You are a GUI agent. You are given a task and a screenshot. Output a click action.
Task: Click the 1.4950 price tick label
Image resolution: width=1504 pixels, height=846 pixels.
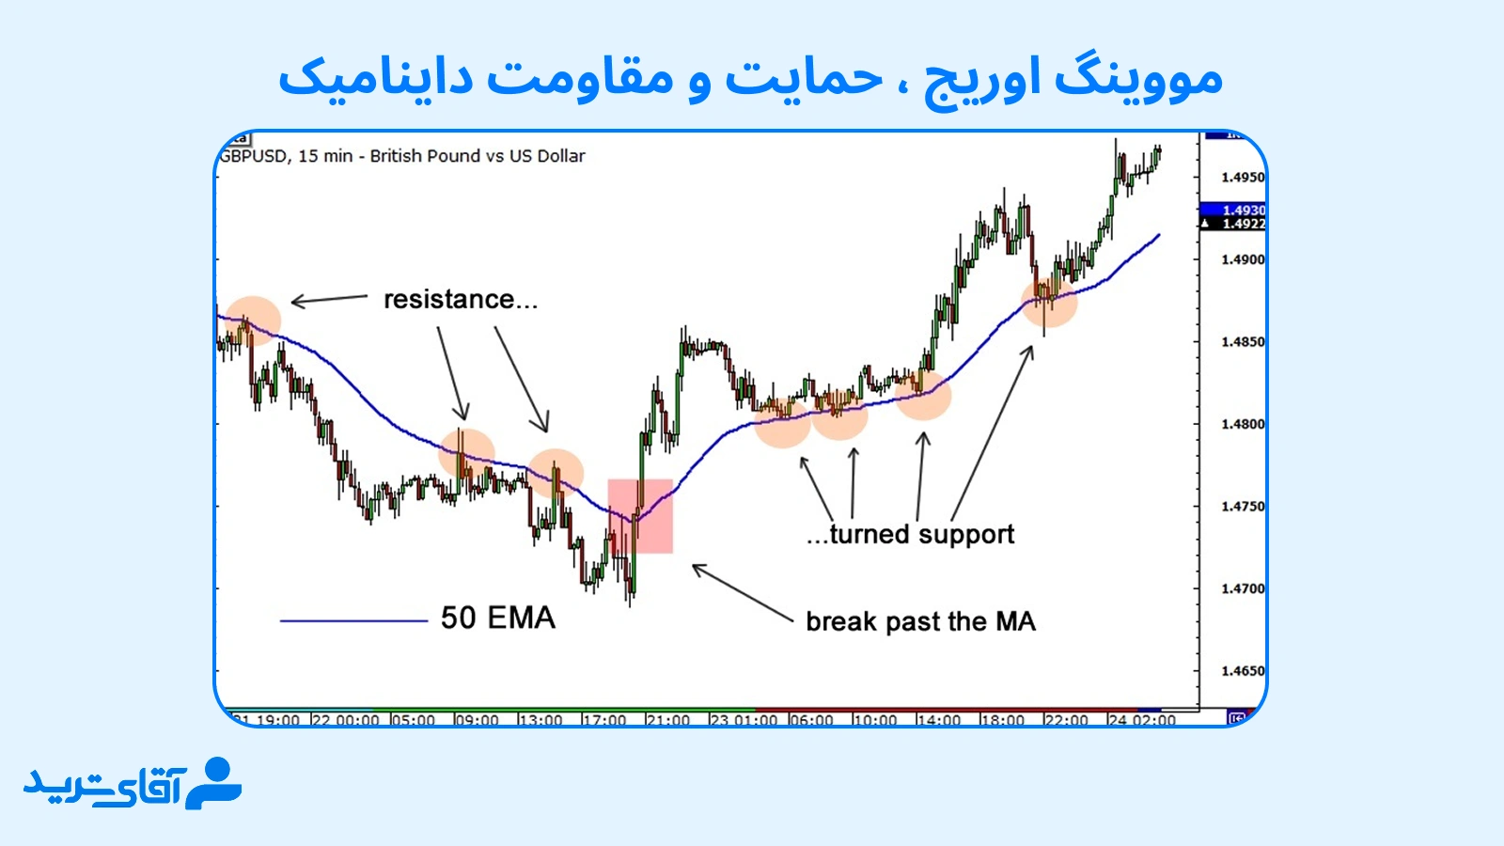(x=1243, y=178)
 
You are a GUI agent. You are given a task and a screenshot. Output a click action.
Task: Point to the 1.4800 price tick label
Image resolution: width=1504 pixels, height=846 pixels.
(x=1243, y=424)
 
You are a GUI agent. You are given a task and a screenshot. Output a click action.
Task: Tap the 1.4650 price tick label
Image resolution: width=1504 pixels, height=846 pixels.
(x=1243, y=671)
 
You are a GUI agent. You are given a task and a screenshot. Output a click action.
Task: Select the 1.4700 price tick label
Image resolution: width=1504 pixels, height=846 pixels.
(x=1243, y=588)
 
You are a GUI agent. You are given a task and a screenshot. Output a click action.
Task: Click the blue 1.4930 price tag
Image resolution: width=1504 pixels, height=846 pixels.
(x=1243, y=210)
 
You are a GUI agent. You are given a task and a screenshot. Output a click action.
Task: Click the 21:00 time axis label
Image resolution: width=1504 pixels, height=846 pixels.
(x=668, y=720)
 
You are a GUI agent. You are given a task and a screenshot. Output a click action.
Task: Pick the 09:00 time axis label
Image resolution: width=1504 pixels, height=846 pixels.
(x=477, y=720)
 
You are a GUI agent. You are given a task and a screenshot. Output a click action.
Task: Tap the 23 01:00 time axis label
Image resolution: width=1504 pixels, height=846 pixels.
(x=744, y=720)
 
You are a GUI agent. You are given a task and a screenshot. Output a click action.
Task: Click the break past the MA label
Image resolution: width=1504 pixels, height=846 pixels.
(x=920, y=621)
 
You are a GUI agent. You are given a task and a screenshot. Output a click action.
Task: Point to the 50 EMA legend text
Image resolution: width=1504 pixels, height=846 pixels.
(x=498, y=618)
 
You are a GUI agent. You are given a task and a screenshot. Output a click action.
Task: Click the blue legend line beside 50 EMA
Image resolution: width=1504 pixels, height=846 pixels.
(x=353, y=620)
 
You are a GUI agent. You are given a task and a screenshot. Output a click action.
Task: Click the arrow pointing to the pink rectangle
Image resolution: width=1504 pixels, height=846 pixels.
(x=743, y=592)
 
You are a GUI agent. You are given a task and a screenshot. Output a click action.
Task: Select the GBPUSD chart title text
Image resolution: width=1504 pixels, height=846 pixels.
(x=402, y=156)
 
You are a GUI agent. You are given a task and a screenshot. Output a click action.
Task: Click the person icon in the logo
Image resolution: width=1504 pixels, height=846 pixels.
(x=214, y=782)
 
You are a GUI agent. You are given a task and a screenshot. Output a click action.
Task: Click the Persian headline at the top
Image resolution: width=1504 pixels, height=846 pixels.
(x=750, y=78)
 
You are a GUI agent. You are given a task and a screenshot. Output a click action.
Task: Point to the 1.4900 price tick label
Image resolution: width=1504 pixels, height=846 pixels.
(x=1243, y=259)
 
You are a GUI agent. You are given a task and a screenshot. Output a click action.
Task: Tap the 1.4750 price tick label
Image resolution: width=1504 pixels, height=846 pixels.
(x=1243, y=507)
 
